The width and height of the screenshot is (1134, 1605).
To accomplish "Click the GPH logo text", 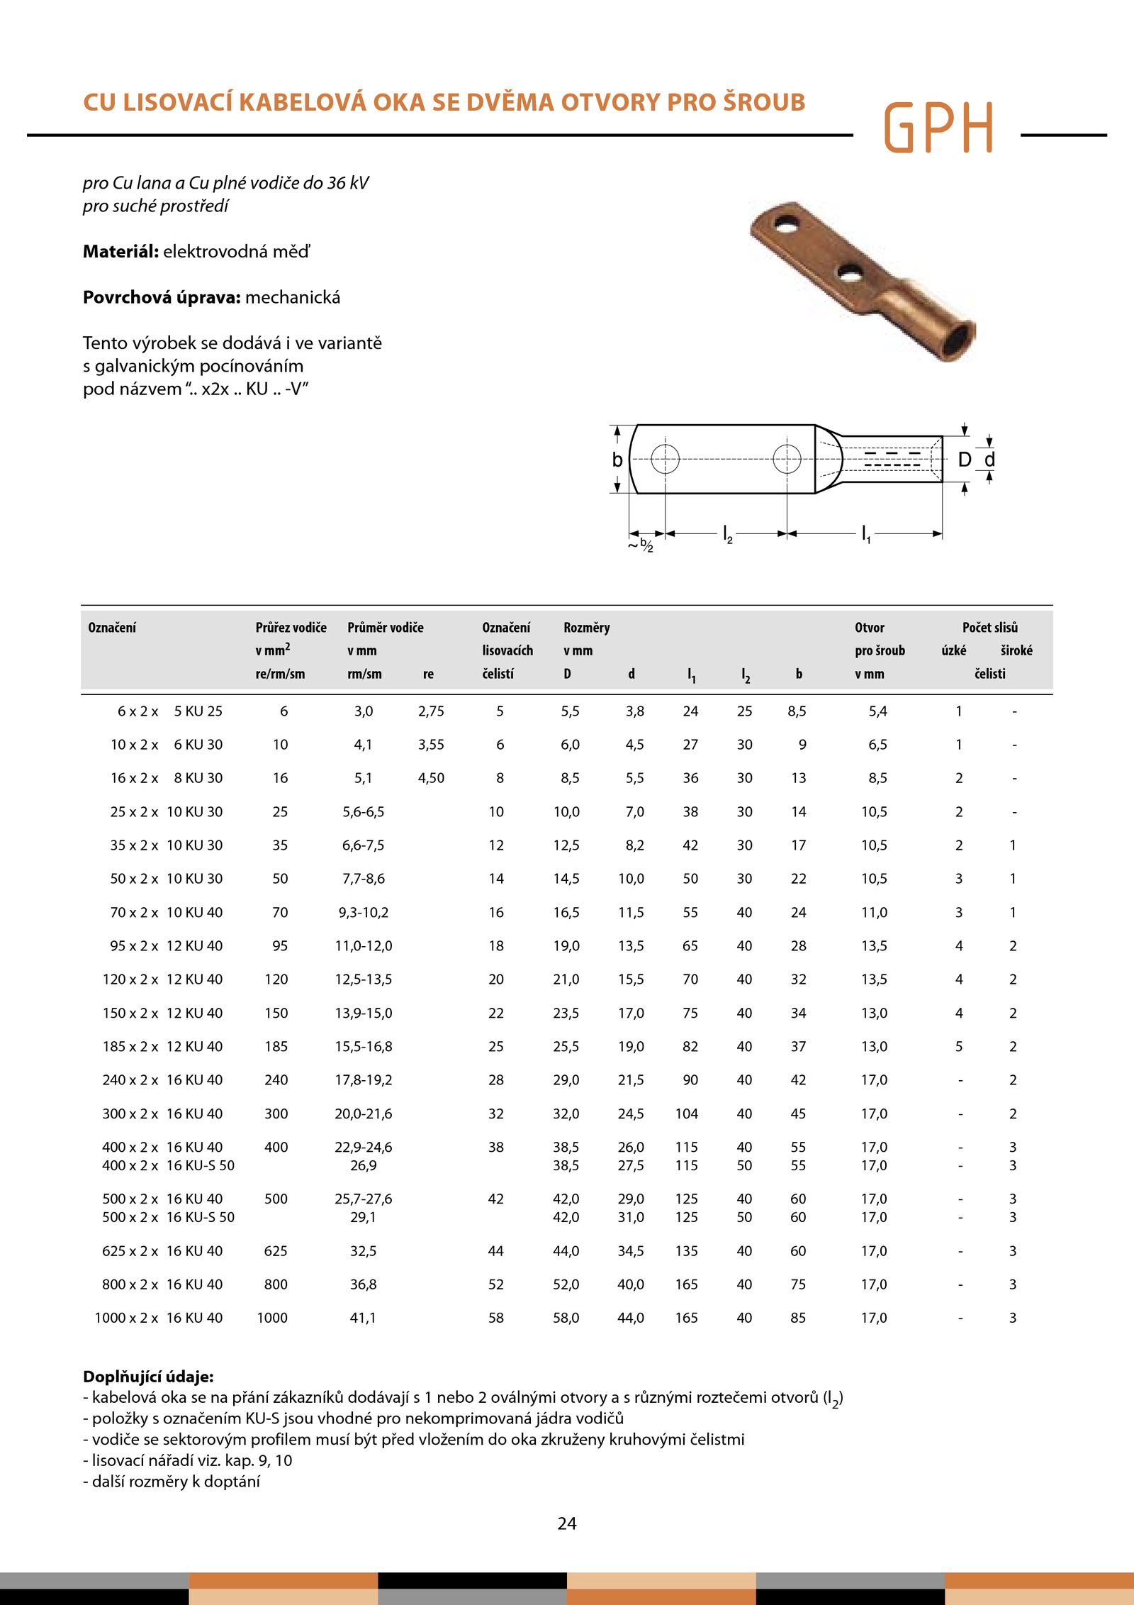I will [x=938, y=128].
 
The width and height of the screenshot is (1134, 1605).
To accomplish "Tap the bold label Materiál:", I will [x=120, y=252].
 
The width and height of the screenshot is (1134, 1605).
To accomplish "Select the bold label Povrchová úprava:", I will [x=162, y=297].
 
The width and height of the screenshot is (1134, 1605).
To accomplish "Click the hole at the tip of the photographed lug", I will [x=785, y=226].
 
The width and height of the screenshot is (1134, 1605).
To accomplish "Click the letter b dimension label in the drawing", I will [x=617, y=460].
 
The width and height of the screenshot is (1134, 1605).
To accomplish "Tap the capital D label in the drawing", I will [x=964, y=460].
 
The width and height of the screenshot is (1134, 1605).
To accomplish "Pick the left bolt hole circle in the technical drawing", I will [x=665, y=459].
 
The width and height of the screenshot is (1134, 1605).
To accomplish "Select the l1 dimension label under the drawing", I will [x=865, y=534].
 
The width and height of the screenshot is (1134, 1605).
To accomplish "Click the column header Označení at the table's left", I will [x=112, y=628].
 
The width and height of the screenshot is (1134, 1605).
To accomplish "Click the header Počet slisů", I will [x=989, y=628].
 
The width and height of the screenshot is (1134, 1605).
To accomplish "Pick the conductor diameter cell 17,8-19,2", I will [x=364, y=1080].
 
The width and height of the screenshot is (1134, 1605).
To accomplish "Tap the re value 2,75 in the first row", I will [x=431, y=711].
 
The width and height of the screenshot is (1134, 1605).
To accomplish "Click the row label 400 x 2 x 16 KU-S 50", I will [x=168, y=1165].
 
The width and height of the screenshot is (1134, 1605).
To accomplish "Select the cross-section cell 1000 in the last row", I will [x=272, y=1318].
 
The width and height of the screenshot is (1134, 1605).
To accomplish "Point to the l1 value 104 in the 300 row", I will [x=686, y=1114].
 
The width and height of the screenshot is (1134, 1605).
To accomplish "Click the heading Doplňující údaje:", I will [x=148, y=1377].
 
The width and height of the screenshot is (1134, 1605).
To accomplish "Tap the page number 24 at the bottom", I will [x=567, y=1523].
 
